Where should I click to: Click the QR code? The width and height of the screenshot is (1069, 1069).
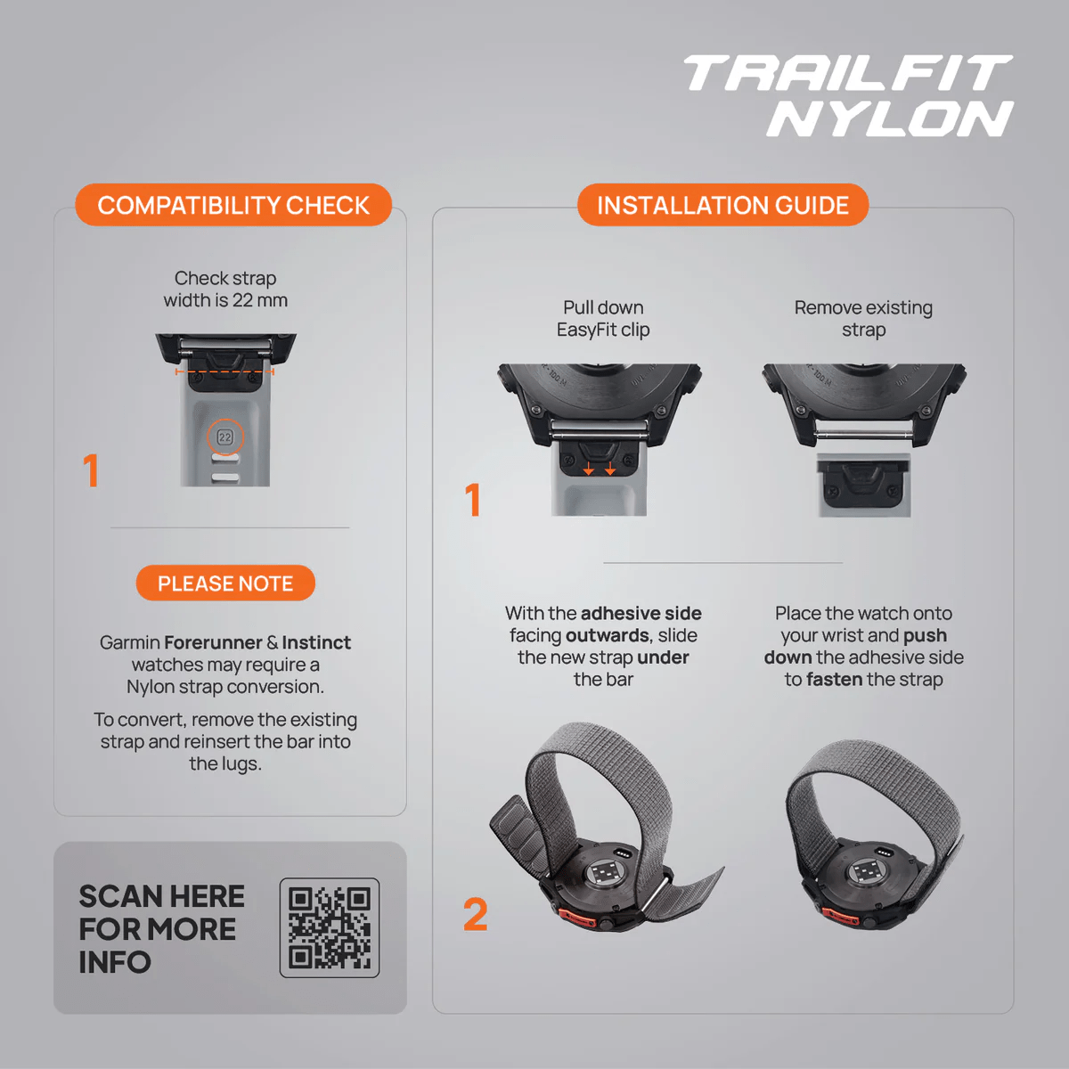(329, 927)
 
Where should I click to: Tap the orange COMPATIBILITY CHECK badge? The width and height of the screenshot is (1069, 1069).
(233, 205)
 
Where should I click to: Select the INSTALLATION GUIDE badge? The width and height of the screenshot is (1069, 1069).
(722, 205)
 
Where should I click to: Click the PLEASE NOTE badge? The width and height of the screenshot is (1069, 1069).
(225, 583)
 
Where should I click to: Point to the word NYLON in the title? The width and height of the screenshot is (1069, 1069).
(889, 118)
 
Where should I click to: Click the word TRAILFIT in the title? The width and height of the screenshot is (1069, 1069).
(848, 73)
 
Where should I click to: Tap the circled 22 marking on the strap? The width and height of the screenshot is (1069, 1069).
(224, 437)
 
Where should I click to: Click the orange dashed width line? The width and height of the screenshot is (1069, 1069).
(224, 371)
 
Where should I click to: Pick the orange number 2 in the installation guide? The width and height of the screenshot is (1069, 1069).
(476, 914)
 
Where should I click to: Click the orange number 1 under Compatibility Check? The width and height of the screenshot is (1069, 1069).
(91, 470)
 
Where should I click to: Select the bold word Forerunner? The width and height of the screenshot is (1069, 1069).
(213, 642)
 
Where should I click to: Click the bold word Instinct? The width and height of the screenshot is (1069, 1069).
(316, 642)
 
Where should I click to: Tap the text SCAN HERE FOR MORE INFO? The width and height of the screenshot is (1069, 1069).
(161, 929)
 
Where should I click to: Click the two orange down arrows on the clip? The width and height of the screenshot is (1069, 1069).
(600, 469)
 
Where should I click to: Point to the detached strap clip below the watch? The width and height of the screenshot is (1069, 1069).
(864, 486)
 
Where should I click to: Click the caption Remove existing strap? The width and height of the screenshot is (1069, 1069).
(863, 318)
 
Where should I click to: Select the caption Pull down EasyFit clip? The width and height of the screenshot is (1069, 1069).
(603, 318)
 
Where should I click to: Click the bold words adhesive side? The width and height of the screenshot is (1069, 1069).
(641, 613)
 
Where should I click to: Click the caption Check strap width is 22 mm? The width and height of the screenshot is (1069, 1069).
(225, 289)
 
